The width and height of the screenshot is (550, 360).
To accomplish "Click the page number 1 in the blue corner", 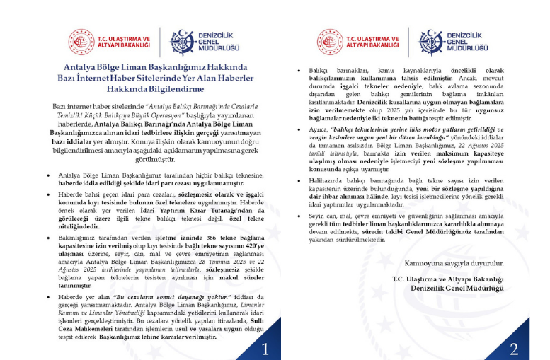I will [x=263, y=348].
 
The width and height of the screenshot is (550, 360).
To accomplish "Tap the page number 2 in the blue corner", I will [x=514, y=348].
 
